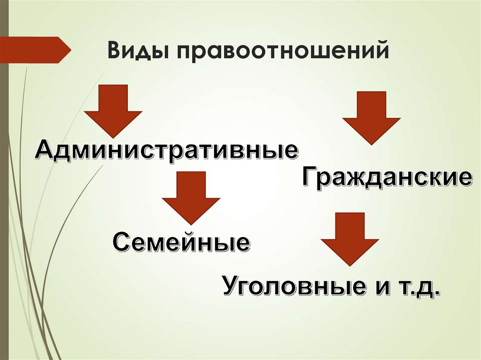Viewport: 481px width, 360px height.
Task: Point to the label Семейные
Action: coord(181,243)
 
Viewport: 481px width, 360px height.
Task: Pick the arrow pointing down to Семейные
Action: coord(191,197)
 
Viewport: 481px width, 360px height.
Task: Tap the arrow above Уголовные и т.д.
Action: coord(349,237)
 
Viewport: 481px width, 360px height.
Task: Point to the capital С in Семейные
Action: coord(121,243)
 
